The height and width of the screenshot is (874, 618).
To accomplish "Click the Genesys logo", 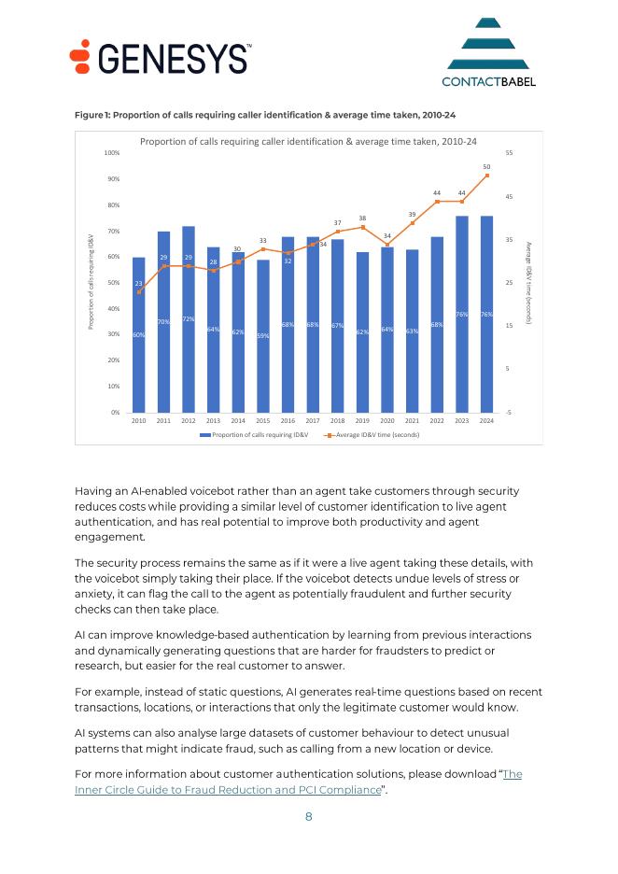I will pyautogui.click(x=161, y=58).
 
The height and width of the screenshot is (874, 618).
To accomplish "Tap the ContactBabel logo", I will pyautogui.click(x=489, y=53).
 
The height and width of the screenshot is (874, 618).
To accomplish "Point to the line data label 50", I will pyautogui.click(x=486, y=166).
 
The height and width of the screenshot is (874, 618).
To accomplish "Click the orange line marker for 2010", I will pyautogui.click(x=139, y=292).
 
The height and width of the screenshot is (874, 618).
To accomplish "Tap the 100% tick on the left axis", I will pyautogui.click(x=111, y=152).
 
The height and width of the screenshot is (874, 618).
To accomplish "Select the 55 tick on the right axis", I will pyautogui.click(x=509, y=152).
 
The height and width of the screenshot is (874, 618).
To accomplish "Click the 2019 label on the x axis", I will pyautogui.click(x=362, y=422).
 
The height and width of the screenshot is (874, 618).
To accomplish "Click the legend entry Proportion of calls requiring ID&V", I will pyautogui.click(x=254, y=435).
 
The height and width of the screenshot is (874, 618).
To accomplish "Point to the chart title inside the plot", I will pyautogui.click(x=308, y=141).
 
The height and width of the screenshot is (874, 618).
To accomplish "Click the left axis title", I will pyautogui.click(x=91, y=281).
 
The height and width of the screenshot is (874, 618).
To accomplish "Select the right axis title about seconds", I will pyautogui.click(x=528, y=281).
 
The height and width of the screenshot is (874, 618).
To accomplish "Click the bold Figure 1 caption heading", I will pyautogui.click(x=265, y=114).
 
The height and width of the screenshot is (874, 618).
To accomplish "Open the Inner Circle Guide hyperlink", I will pyautogui.click(x=228, y=790).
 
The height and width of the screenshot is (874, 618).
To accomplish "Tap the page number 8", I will pyautogui.click(x=309, y=817).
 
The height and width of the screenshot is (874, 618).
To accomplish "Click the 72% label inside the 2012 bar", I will pyautogui.click(x=189, y=319).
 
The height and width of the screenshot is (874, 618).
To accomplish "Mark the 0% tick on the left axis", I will pyautogui.click(x=113, y=412).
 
